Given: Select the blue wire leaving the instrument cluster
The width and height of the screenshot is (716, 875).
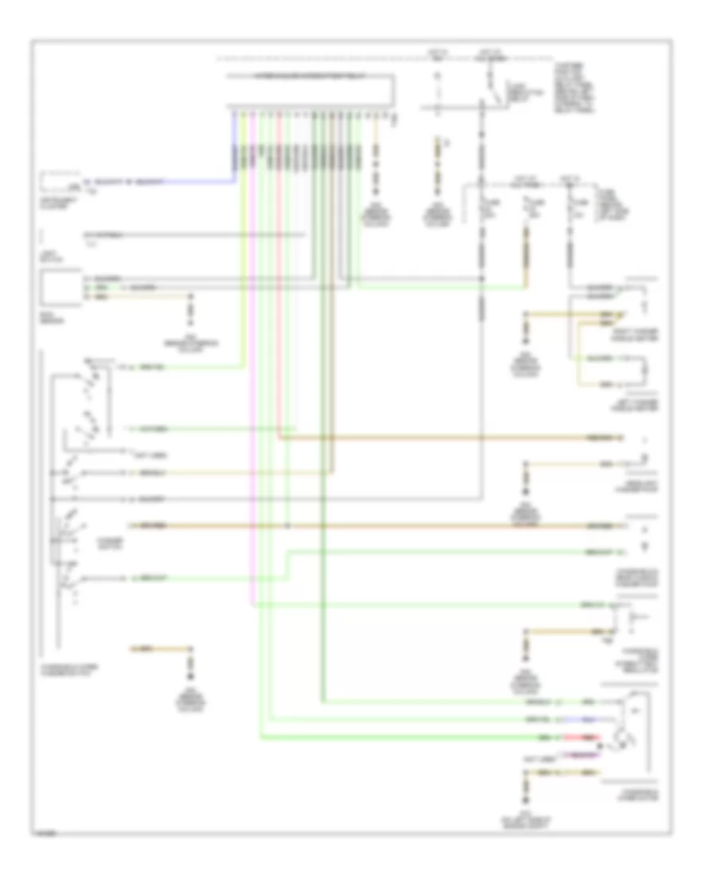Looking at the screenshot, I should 159,181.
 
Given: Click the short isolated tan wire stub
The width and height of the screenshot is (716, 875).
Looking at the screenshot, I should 163,647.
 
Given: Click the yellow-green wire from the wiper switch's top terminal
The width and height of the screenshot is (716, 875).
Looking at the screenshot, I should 183,367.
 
